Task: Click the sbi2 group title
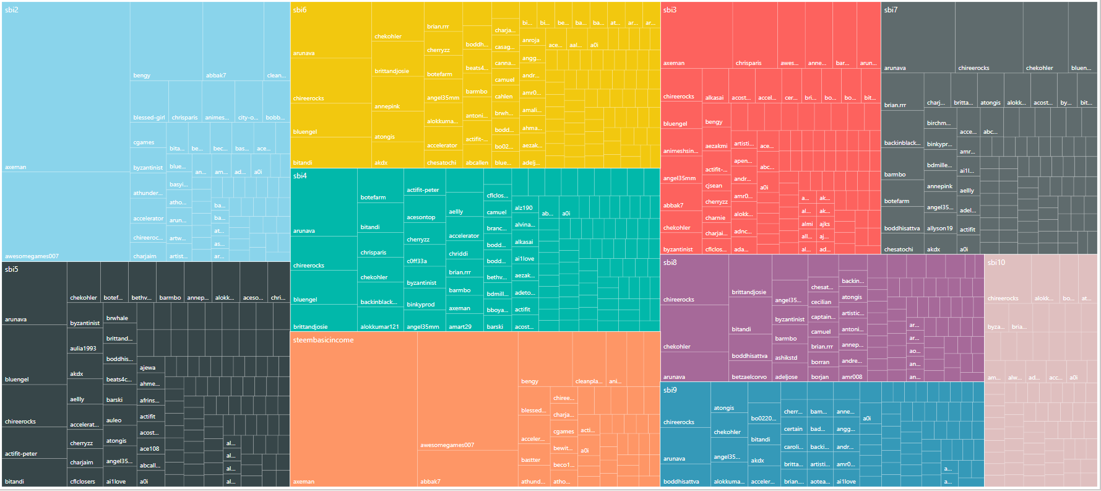pos(12,10)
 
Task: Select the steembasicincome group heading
pos(323,340)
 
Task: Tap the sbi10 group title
pos(996,263)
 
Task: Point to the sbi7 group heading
pos(891,10)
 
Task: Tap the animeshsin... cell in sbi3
pos(681,142)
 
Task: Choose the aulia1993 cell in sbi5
pos(83,341)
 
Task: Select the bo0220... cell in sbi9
pos(763,409)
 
